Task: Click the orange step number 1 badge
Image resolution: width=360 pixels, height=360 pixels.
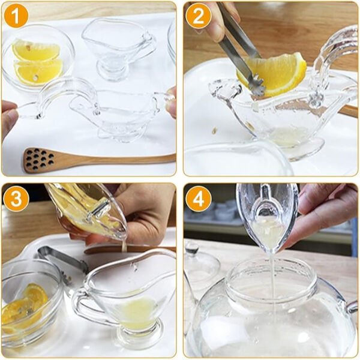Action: point(16,16)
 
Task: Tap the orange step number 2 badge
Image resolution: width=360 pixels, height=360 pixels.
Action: point(198,16)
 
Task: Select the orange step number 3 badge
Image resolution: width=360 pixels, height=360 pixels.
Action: point(16,199)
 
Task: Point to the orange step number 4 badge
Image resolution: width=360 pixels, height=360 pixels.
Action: point(198,199)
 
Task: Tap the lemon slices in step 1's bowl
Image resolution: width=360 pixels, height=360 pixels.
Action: point(37,62)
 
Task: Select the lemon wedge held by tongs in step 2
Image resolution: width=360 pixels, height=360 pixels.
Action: point(279,75)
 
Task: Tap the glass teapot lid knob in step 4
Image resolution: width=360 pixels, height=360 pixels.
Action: point(192,247)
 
